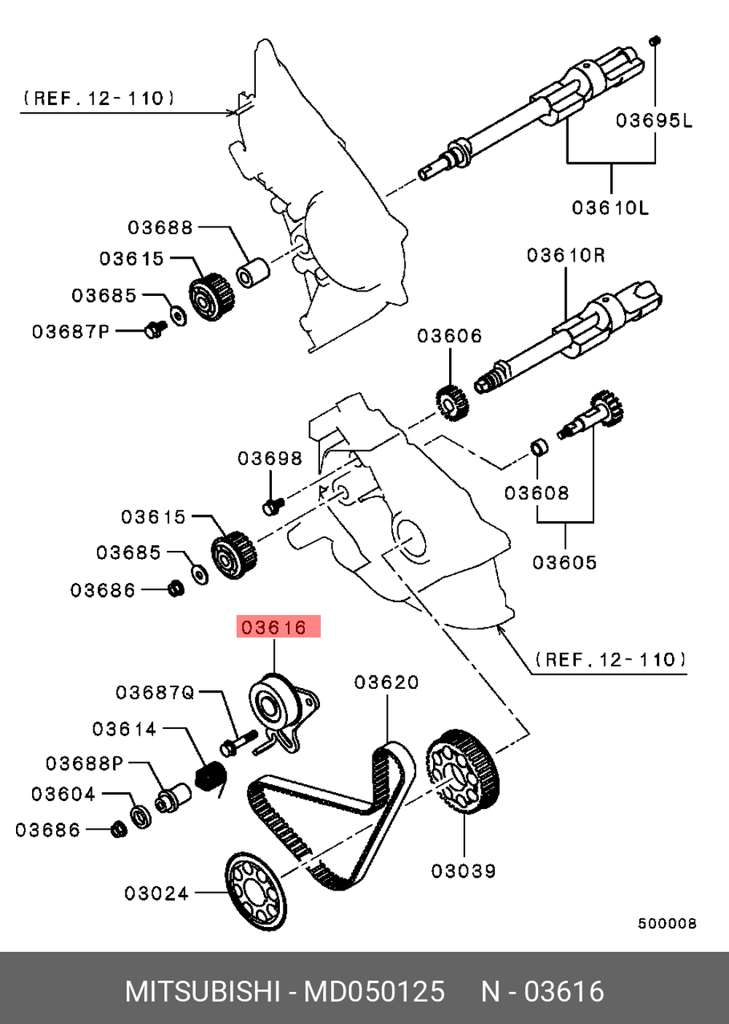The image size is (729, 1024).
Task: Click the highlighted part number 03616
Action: click(277, 627)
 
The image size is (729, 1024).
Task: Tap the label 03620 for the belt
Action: click(386, 682)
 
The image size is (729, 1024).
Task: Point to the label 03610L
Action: click(610, 208)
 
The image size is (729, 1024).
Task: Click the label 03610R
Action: click(566, 255)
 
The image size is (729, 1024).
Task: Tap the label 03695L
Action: click(654, 120)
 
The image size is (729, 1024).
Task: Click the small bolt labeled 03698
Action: click(273, 504)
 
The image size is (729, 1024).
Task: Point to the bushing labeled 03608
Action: click(538, 446)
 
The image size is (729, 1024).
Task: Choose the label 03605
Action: click(564, 562)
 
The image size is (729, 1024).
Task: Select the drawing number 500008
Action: click(667, 923)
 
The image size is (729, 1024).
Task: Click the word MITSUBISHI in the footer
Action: click(203, 992)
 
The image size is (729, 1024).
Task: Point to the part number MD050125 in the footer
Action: click(374, 992)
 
